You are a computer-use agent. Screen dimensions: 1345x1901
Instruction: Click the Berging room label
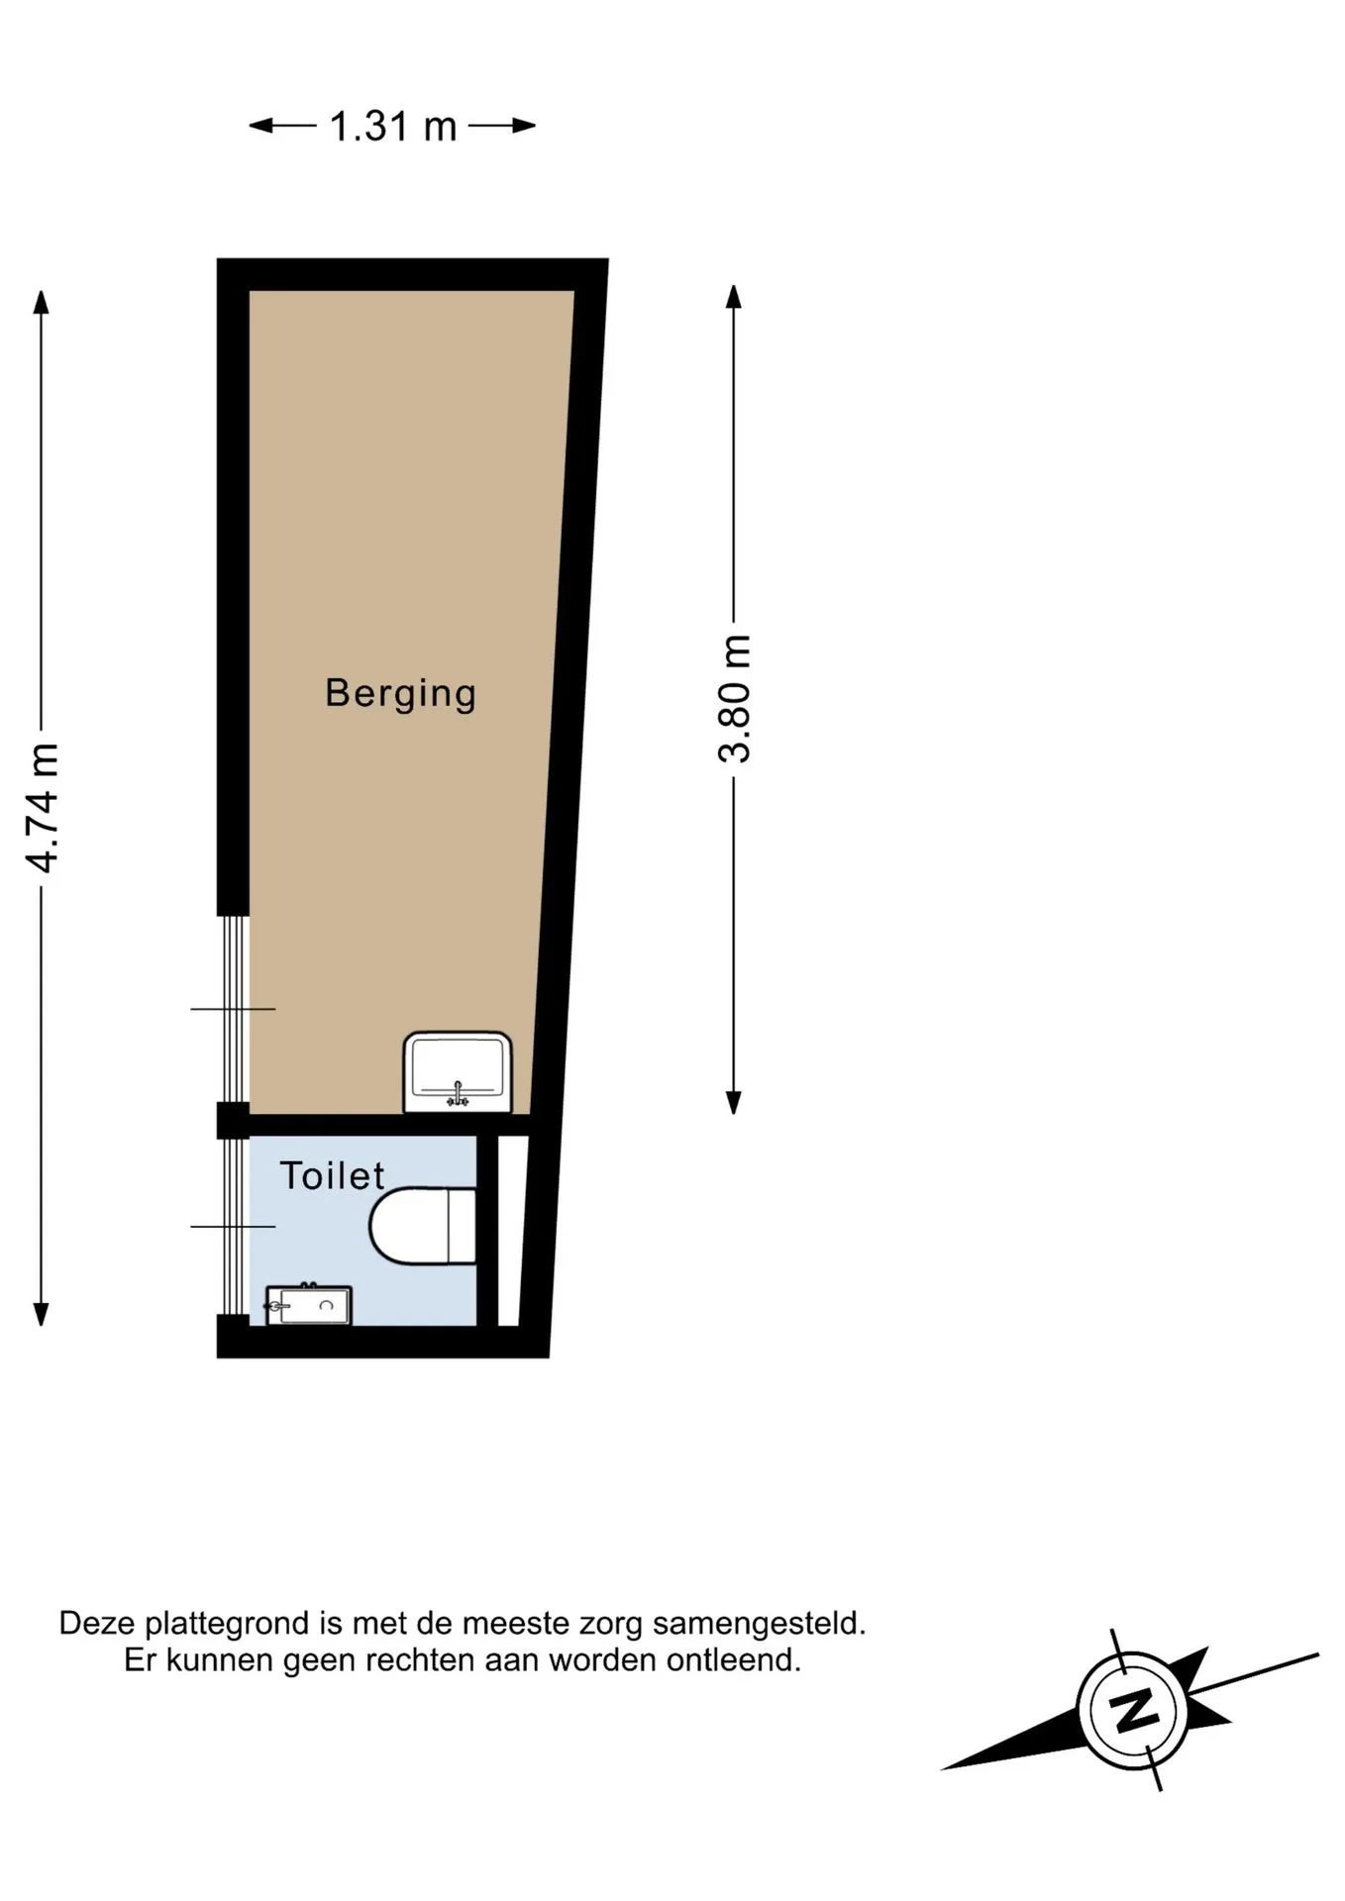[x=400, y=694]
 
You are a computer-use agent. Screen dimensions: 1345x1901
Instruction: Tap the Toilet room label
[x=332, y=1175]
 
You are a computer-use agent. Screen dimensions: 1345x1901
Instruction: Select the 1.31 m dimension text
[x=392, y=127]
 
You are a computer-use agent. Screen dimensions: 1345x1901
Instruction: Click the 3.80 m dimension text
[x=735, y=698]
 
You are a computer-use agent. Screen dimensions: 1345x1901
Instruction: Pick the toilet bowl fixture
[x=423, y=1227]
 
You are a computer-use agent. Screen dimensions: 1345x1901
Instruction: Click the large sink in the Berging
[x=458, y=1072]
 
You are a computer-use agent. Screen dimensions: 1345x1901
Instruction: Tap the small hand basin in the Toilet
[x=308, y=1305]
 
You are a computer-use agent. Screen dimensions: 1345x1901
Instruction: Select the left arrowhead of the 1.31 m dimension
[x=260, y=126]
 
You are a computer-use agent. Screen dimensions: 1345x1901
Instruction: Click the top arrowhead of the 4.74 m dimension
[x=41, y=301]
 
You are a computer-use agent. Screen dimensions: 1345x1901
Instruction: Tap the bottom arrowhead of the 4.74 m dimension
[x=41, y=1313]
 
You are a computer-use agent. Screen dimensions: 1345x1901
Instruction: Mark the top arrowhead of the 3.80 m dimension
[x=733, y=297]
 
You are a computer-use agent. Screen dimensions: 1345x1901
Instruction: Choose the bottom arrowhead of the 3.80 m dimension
[x=733, y=1102]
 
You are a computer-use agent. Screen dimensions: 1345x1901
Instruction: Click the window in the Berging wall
[x=233, y=1009]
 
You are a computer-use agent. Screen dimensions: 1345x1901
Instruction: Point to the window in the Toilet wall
[x=233, y=1227]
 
